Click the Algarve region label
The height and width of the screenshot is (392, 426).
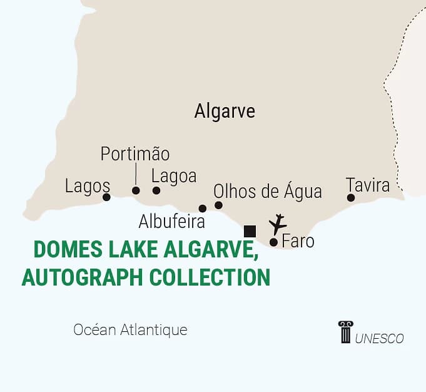coord(225,111)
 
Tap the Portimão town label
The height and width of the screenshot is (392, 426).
coord(135,154)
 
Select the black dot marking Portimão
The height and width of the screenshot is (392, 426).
coord(136,190)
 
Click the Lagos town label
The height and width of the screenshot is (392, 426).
coord(88,186)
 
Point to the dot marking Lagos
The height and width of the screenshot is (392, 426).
coord(106,197)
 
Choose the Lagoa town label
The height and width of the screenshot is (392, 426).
coord(174,176)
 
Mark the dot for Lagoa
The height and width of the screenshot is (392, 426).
coord(156,190)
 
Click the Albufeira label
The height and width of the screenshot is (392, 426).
coord(171,222)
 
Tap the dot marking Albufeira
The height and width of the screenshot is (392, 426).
coord(202,209)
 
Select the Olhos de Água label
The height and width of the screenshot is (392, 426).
coord(267,191)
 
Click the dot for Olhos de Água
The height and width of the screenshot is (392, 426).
coord(218,205)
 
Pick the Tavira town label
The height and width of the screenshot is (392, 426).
coord(368,185)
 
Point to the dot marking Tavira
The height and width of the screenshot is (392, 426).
coord(351,198)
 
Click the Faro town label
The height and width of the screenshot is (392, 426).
coord(298,240)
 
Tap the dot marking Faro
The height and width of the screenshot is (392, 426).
coord(273,242)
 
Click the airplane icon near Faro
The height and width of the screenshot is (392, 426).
coord(277,224)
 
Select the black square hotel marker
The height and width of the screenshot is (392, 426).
coord(250,231)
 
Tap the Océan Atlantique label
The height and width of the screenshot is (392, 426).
coord(130,329)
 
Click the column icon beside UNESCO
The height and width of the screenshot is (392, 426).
coord(345,333)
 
